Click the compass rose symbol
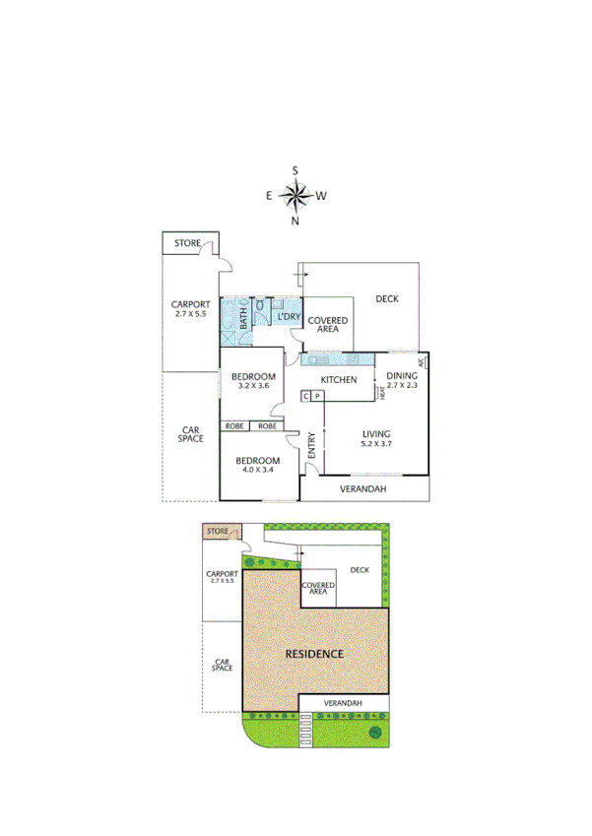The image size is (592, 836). [296, 196]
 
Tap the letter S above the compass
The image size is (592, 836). [296, 170]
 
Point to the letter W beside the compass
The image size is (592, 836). [321, 196]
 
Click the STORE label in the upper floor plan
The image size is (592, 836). [187, 242]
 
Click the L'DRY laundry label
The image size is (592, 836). [288, 317]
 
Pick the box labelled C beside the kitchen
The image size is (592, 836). [306, 397]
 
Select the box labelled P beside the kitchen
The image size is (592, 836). [318, 397]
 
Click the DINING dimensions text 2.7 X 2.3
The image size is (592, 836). [401, 385]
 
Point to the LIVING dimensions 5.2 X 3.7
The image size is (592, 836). [377, 445]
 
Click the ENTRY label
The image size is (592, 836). [311, 446]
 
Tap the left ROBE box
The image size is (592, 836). [234, 426]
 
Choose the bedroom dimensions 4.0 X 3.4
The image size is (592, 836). [256, 470]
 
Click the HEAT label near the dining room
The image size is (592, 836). [381, 393]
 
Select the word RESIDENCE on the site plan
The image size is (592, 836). [314, 654]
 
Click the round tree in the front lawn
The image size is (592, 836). [374, 733]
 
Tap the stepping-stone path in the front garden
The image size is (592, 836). [304, 733]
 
